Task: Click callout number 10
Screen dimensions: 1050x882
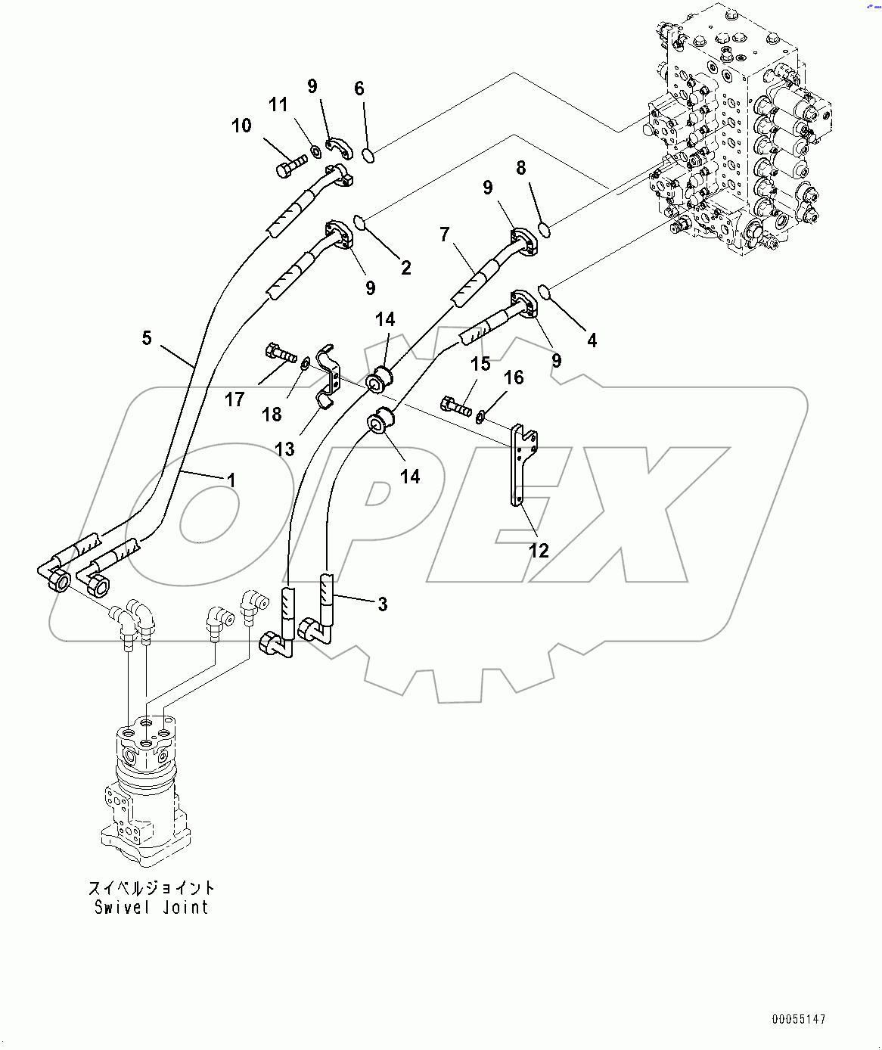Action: click(x=241, y=126)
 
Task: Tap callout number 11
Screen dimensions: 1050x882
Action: click(x=279, y=104)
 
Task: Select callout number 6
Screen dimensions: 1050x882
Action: click(x=359, y=89)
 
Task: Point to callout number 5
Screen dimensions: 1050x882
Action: click(x=147, y=337)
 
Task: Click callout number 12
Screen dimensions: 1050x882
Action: click(x=539, y=550)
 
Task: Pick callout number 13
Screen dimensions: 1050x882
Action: click(x=284, y=449)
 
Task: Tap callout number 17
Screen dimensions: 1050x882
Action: click(x=234, y=399)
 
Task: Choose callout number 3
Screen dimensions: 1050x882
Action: click(x=383, y=604)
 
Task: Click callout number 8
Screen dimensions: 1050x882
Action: click(x=521, y=167)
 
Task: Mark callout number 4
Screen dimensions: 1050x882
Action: click(x=592, y=340)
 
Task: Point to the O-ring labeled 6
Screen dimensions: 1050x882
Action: click(x=368, y=156)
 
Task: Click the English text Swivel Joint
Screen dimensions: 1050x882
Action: click(x=151, y=907)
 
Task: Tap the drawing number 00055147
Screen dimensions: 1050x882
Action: click(x=799, y=1020)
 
